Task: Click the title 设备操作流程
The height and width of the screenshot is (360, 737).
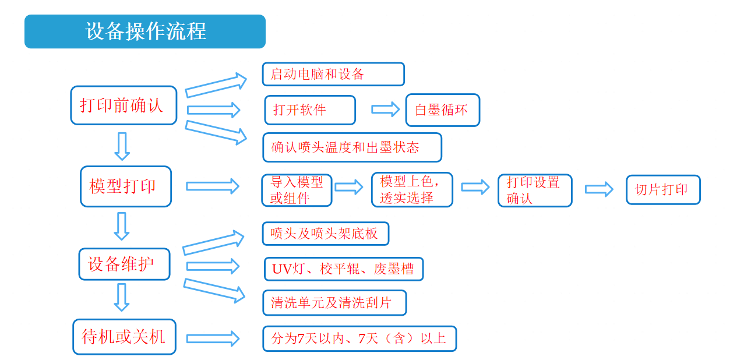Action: pyautogui.click(x=145, y=31)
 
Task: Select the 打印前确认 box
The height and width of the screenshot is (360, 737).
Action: pyautogui.click(x=124, y=105)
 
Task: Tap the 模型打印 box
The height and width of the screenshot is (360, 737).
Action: pyautogui.click(x=126, y=186)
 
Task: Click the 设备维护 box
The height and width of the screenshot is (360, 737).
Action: pyautogui.click(x=124, y=264)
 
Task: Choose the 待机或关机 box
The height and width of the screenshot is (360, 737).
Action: pyautogui.click(x=124, y=337)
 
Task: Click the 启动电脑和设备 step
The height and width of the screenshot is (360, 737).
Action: pyautogui.click(x=333, y=75)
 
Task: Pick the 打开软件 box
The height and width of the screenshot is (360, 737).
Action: pyautogui.click(x=310, y=110)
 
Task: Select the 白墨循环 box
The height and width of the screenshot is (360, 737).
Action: pyautogui.click(x=443, y=110)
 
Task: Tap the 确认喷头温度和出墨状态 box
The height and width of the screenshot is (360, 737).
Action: pyautogui.click(x=352, y=147)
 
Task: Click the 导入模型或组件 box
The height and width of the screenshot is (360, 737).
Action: pyautogui.click(x=297, y=190)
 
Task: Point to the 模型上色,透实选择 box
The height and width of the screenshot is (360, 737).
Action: pyautogui.click(x=412, y=190)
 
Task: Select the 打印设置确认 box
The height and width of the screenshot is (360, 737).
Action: pyautogui.click(x=535, y=190)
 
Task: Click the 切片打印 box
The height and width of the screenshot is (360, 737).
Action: pyautogui.click(x=663, y=190)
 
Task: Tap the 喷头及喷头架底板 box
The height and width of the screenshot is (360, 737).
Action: pyautogui.click(x=325, y=234)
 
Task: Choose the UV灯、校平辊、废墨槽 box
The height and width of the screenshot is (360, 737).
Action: pyautogui.click(x=343, y=269)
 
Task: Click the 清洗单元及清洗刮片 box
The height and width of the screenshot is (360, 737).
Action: pyautogui.click(x=334, y=303)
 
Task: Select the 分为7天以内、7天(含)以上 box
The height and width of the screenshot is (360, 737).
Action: pyautogui.click(x=359, y=338)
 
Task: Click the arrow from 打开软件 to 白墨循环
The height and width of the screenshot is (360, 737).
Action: pyautogui.click(x=385, y=110)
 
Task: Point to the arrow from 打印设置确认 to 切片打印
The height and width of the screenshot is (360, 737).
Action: pyautogui.click(x=599, y=189)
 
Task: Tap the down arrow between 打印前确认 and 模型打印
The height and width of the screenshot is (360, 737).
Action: pyautogui.click(x=122, y=146)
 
